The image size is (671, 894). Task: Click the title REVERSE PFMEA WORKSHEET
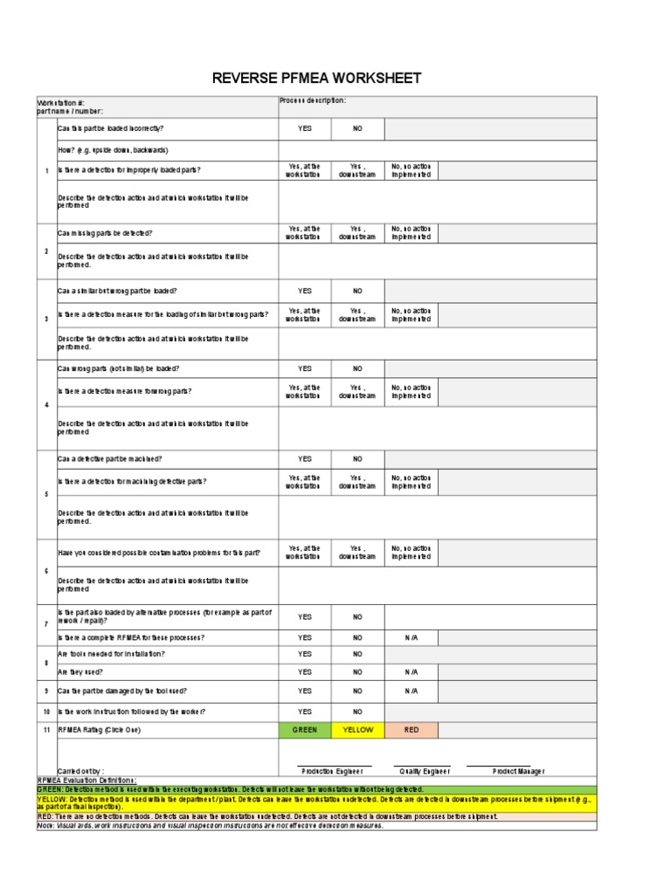(317, 79)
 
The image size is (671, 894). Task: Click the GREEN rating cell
(305, 730)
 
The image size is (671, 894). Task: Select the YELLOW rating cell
(357, 730)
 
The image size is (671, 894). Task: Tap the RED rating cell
(411, 730)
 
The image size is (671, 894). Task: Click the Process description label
(313, 100)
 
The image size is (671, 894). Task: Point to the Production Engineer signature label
(332, 771)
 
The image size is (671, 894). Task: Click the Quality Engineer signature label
(425, 771)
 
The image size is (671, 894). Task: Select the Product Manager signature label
(518, 771)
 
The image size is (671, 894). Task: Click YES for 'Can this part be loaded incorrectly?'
(305, 129)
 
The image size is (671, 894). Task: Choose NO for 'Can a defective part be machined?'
(357, 458)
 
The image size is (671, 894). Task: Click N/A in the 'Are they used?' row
(411, 671)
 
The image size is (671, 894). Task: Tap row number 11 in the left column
(46, 730)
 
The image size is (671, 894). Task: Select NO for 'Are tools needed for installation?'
(357, 654)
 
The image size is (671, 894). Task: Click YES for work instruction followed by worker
(305, 712)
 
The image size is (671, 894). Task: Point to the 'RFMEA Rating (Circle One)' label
(99, 730)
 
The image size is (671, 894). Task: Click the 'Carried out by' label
(81, 771)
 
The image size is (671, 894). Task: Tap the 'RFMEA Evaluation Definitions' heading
(87, 780)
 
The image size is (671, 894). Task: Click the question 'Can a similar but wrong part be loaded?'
(117, 291)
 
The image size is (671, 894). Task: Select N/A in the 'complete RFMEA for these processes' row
(411, 637)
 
